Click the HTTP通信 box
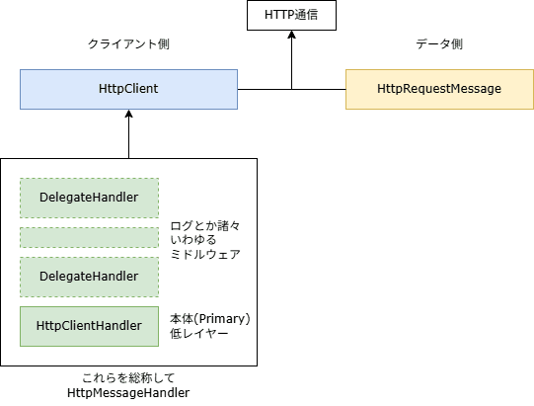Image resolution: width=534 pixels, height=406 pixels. (x=291, y=16)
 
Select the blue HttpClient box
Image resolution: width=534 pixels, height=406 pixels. (x=128, y=89)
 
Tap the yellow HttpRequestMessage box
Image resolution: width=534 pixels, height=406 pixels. (x=439, y=89)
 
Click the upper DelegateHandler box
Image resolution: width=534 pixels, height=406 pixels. (x=89, y=198)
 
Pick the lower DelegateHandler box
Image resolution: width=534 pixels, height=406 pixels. (x=89, y=277)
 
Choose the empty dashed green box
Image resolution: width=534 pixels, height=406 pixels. (x=89, y=238)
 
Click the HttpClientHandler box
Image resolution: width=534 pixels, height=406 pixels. (x=89, y=327)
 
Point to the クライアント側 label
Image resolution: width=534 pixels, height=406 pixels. (x=128, y=44)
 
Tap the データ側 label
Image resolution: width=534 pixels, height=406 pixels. (x=439, y=44)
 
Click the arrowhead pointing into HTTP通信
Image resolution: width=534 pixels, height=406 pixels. (x=291, y=35)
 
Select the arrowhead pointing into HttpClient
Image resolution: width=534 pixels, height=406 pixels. (x=128, y=114)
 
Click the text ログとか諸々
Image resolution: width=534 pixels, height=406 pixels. (x=205, y=225)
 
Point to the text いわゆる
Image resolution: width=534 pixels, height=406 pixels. (x=193, y=240)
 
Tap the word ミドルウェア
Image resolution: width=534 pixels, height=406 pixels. (x=205, y=254)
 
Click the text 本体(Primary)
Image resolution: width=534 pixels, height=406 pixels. (x=210, y=319)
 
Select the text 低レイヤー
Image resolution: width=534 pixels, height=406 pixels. (x=198, y=333)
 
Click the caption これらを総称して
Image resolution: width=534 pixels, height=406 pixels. (x=128, y=378)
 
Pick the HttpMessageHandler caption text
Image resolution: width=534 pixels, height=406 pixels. (x=128, y=393)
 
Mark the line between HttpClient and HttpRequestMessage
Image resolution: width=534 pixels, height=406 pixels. (x=291, y=89)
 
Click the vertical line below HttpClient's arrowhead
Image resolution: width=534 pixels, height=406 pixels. (x=128, y=137)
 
